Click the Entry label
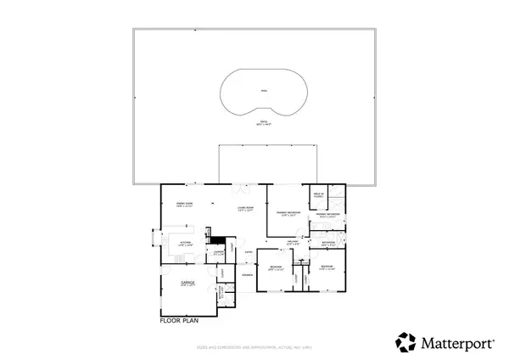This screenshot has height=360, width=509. tap(249, 252)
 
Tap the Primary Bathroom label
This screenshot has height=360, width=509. tap(327, 216)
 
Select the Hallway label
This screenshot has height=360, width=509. tap(291, 243)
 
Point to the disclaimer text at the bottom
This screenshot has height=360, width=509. tap(255, 346)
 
